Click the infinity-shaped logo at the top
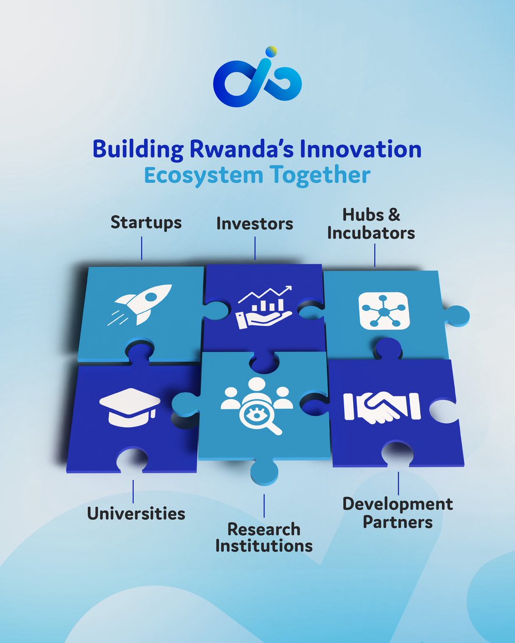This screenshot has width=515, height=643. click(x=257, y=80)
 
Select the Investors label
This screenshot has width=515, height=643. click(x=255, y=224)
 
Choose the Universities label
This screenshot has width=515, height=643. click(x=136, y=513)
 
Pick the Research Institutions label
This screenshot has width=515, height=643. click(x=264, y=537)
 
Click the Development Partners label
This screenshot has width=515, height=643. click(x=398, y=513)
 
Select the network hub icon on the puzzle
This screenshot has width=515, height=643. click(x=384, y=310)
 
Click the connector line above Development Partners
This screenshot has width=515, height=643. click(x=398, y=483)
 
